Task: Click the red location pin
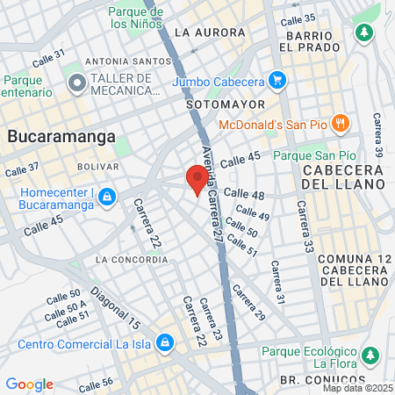pos(197,179)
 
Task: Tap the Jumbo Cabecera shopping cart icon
pos(278,81)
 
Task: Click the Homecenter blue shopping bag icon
pos(106,197)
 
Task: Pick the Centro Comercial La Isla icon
pos(164,341)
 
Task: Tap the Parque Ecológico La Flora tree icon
pos(371,354)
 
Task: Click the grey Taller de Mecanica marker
pos(76,84)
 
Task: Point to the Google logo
pos(29,384)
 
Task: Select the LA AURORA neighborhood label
pos(210,32)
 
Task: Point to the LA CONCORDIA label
pos(131,259)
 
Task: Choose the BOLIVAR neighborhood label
pos(97,166)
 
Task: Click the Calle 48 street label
pos(243,193)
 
